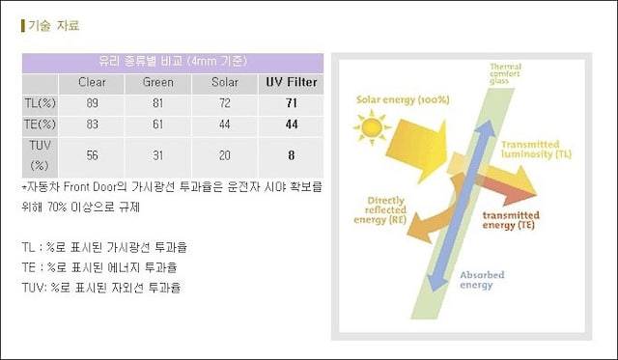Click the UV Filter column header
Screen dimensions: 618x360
click(292, 82)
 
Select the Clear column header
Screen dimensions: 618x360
click(92, 82)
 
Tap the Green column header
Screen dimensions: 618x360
click(158, 82)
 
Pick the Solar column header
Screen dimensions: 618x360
click(225, 82)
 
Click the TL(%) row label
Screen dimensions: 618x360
click(40, 103)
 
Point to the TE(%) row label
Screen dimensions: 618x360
click(40, 125)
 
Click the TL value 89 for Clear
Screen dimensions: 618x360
click(93, 103)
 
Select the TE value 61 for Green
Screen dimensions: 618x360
click(158, 125)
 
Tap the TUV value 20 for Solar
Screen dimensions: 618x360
click(225, 155)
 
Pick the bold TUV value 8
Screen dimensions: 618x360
click(292, 155)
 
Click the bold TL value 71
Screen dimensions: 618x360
click(292, 103)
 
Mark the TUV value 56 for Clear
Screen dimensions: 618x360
click(93, 155)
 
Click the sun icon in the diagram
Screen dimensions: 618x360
click(371, 127)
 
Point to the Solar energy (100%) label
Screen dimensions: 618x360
click(403, 99)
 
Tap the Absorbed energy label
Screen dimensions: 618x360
click(482, 280)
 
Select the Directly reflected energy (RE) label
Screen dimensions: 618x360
click(380, 210)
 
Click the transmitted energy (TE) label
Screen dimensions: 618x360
click(511, 220)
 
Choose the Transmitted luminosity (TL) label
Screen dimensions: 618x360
click(536, 150)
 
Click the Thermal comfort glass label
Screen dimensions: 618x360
click(505, 73)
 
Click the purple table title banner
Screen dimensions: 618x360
click(173, 63)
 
